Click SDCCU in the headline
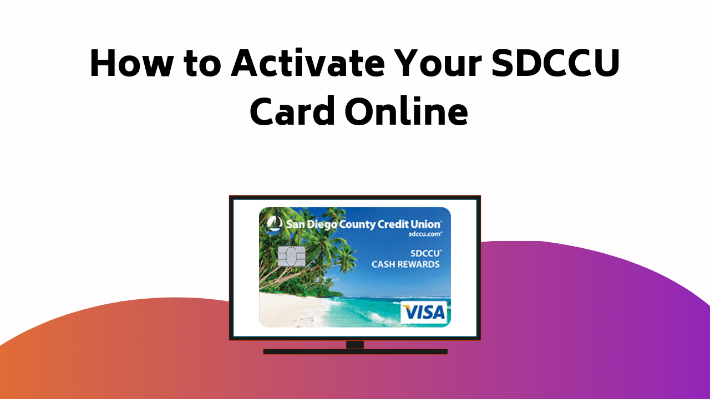click(x=562, y=64)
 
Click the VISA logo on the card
click(x=424, y=313)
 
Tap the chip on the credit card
click(x=291, y=256)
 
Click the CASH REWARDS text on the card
click(x=405, y=264)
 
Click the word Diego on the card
click(x=322, y=224)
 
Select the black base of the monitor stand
click(x=355, y=351)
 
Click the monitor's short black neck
click(x=355, y=344)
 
